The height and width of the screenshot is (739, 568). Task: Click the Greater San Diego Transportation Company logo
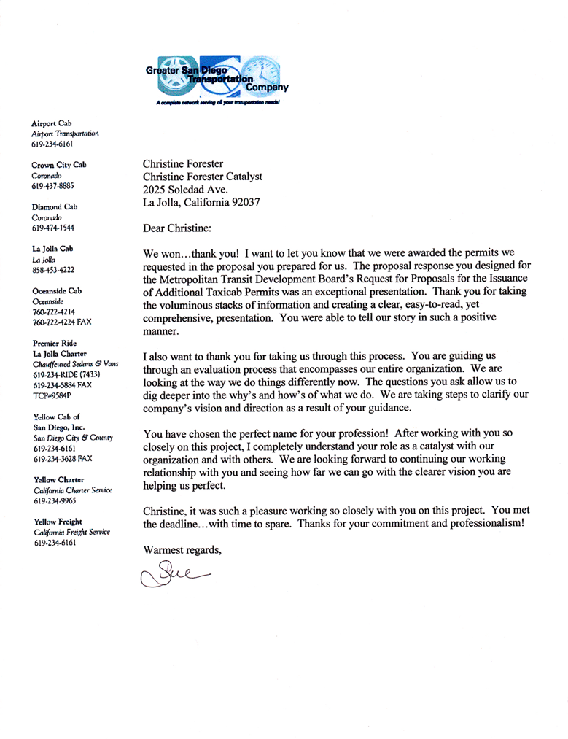(x=217, y=80)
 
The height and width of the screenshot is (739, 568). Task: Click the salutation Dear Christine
(x=177, y=228)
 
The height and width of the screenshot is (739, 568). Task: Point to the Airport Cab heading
(x=51, y=123)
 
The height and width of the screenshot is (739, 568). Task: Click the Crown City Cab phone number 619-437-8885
(x=52, y=186)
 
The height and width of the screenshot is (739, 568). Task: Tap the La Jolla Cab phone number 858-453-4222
(x=52, y=270)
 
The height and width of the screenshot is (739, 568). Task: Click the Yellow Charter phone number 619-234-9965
(x=52, y=501)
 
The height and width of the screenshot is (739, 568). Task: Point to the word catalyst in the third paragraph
(x=408, y=446)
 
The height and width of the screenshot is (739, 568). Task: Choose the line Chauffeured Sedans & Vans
(x=74, y=363)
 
